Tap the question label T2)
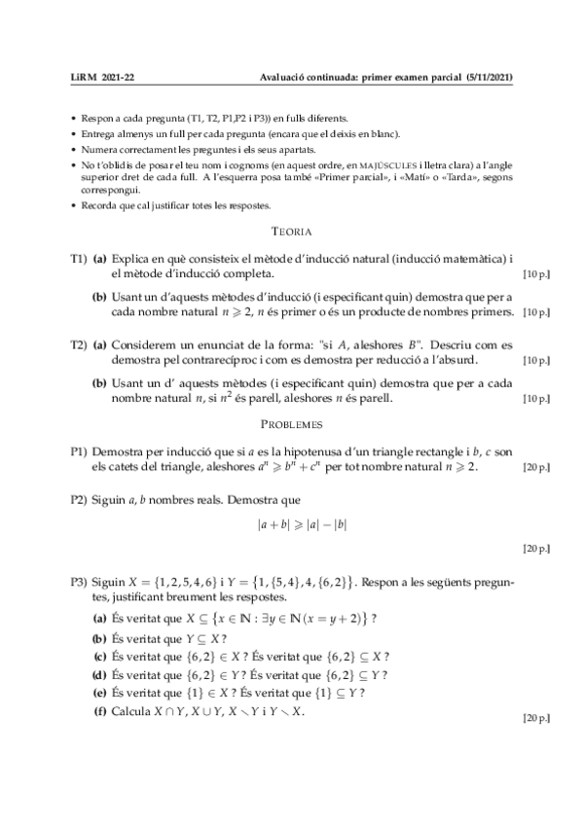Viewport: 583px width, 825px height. click(79, 344)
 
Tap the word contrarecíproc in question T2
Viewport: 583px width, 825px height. click(220, 359)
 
